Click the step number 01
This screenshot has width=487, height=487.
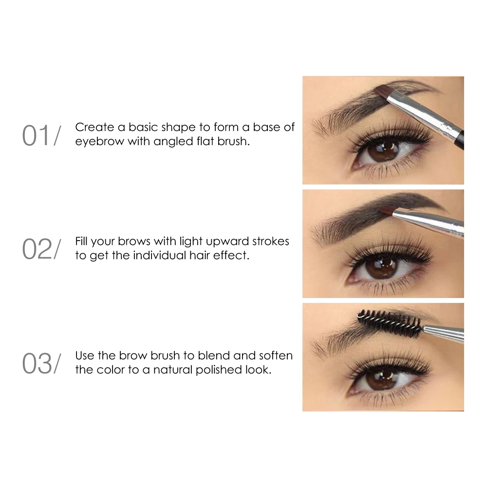37,136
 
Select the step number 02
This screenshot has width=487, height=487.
37,249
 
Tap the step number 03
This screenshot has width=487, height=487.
37,364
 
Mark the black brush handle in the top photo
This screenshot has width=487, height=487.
461,137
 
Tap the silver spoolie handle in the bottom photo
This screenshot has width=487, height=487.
443,334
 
